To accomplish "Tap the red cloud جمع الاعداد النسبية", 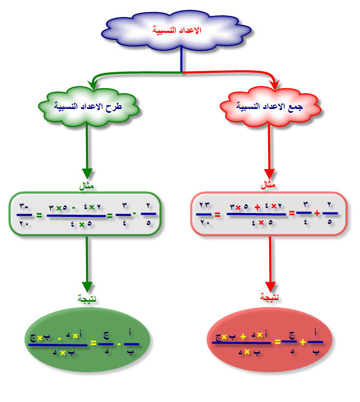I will [270, 106].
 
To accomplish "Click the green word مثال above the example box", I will [86, 186].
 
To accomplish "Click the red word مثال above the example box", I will [268, 186].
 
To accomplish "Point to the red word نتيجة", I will [269, 298].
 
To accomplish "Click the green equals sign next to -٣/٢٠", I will [39, 215].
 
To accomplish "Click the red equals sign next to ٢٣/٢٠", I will [218, 215].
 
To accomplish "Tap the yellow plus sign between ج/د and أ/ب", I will [303, 342].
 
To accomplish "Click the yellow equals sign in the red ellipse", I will [277, 342].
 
